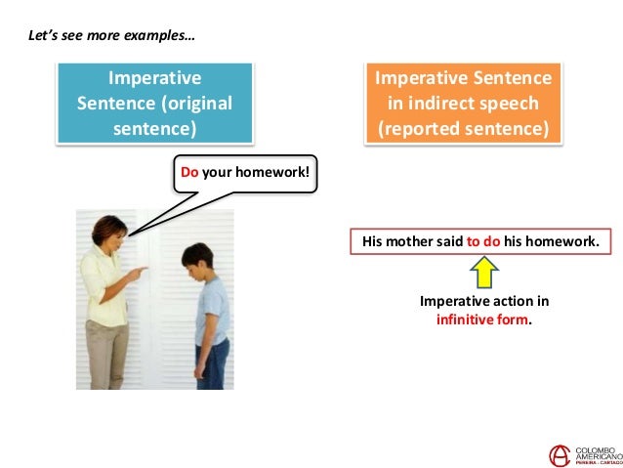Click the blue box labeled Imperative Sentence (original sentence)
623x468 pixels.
(x=154, y=103)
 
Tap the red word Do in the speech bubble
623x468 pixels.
(x=188, y=174)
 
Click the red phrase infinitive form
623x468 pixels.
(x=481, y=319)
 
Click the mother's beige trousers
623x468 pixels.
(x=106, y=351)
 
